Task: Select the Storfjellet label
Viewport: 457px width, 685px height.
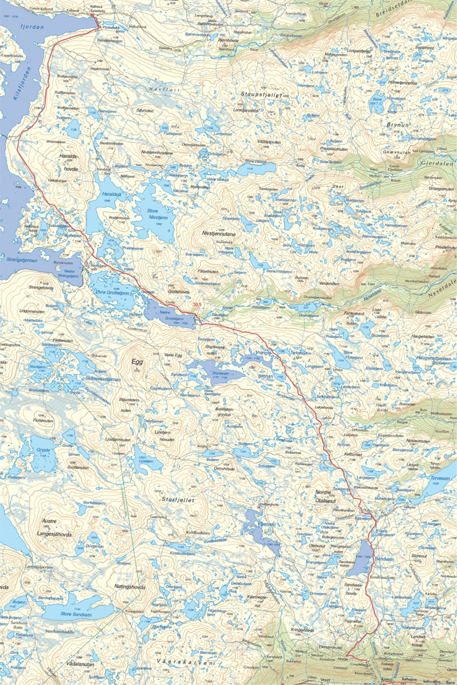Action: click(178, 499)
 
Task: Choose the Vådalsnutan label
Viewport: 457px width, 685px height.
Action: click(79, 665)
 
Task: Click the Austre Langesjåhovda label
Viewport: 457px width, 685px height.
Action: click(59, 527)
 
